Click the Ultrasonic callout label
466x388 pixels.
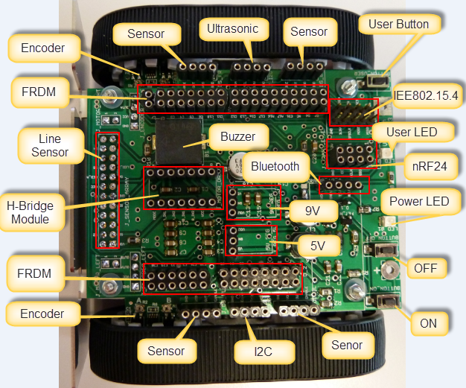[233, 30]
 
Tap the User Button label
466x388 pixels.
[398, 25]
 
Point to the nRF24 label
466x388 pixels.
[429, 167]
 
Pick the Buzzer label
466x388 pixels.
[237, 137]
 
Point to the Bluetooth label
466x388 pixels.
[275, 166]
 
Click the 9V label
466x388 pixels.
[312, 211]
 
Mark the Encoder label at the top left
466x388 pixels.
[42, 48]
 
